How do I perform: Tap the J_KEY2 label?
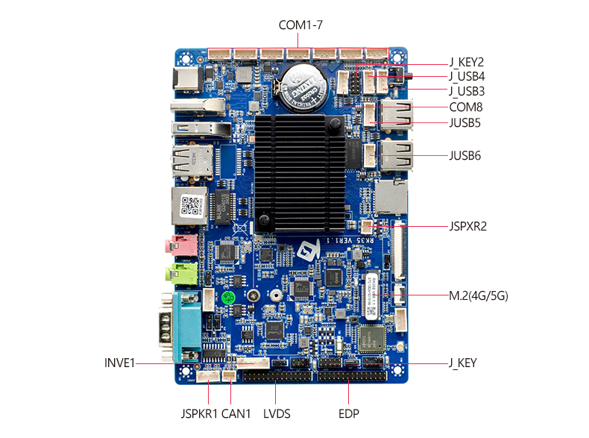click(x=467, y=63)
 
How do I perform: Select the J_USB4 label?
click(x=467, y=77)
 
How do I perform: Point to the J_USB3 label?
click(x=467, y=92)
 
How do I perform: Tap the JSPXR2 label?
click(x=467, y=225)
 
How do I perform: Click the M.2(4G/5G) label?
click(x=478, y=295)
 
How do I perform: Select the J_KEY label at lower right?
click(x=462, y=363)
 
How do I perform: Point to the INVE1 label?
click(x=119, y=363)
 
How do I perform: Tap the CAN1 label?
click(x=236, y=413)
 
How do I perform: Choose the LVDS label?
click(x=277, y=413)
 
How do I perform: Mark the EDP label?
click(x=349, y=413)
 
